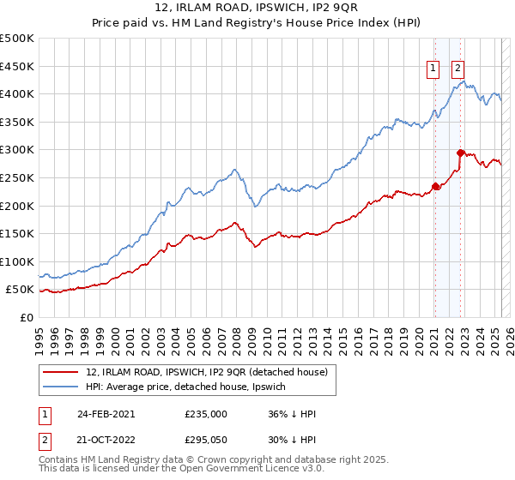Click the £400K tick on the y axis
point(17,93)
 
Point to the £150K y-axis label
point(17,233)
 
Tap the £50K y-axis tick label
point(21,290)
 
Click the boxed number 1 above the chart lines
point(434,69)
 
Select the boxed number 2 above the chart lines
point(458,69)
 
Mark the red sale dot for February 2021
point(435,185)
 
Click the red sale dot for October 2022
point(461,153)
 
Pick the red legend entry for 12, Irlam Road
point(207,372)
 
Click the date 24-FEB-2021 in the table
point(106,413)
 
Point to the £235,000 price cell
point(206,413)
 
